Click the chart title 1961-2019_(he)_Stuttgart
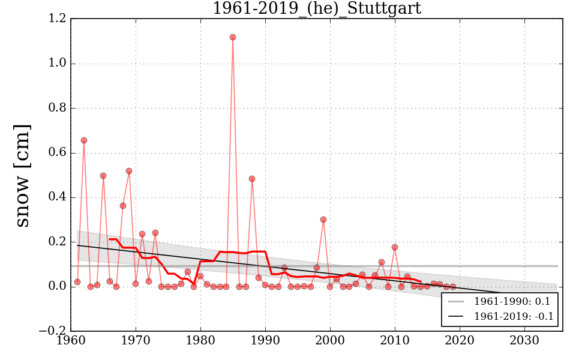coord(316,8)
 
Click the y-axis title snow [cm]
coord(22,175)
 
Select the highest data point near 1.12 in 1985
coord(233,37)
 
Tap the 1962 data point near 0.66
coord(84,140)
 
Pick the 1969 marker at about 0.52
coord(129,171)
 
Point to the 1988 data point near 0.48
coord(252,179)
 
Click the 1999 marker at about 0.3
coord(323,220)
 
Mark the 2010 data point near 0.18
coord(395,247)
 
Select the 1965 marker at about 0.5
coord(103,176)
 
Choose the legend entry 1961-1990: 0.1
coord(514,301)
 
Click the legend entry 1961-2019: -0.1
coord(514,316)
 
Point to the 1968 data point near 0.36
coord(123,206)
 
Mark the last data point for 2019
coord(453,287)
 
